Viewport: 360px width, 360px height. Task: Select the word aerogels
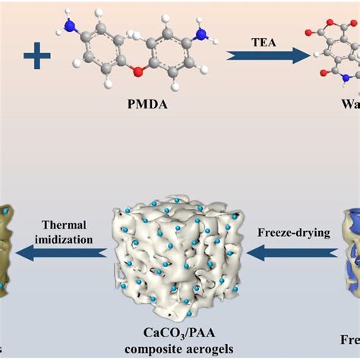click(204, 349)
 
